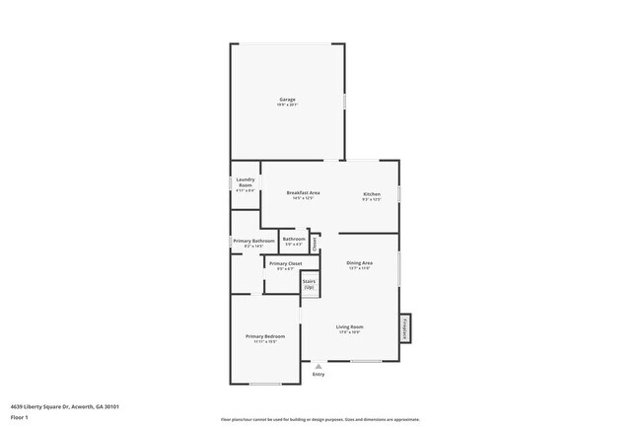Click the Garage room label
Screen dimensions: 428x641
[287, 99]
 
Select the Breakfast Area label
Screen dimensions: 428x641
[303, 192]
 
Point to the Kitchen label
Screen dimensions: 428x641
[372, 194]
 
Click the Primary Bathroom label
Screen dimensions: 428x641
[253, 241]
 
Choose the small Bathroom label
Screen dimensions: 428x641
[294, 239]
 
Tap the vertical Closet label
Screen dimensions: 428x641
[315, 241]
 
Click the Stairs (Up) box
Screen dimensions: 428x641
[309, 284]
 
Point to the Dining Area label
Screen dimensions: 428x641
[359, 263]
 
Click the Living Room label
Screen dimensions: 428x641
[350, 326]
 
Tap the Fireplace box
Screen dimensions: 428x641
[404, 327]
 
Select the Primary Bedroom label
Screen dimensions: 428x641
[265, 336]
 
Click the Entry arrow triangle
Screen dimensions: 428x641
[319, 366]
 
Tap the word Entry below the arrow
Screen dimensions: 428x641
[319, 375]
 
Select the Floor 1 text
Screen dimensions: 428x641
[20, 417]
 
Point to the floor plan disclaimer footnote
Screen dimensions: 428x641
[320, 419]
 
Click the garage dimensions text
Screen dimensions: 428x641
[287, 105]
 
